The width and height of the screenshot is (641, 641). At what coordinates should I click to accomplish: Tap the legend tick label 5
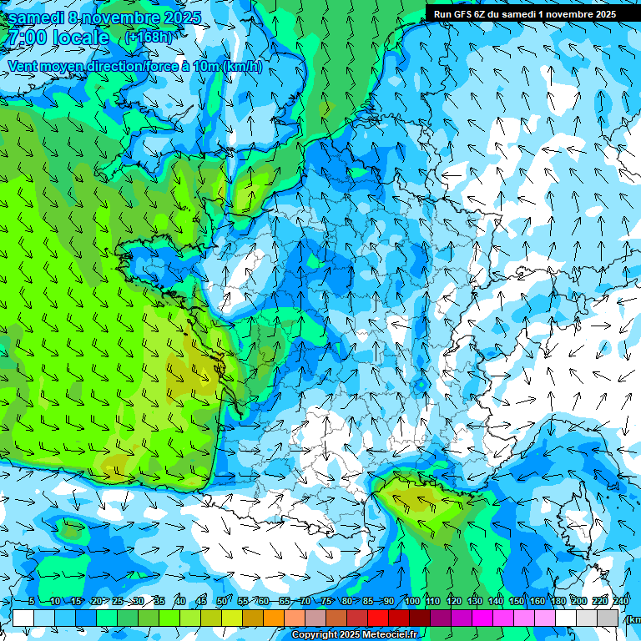tap(32, 601)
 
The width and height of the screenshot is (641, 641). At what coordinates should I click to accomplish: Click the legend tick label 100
tap(411, 601)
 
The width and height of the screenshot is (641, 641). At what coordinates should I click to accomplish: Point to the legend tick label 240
tap(620, 601)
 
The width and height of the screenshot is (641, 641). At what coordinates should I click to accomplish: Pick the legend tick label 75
tap(326, 601)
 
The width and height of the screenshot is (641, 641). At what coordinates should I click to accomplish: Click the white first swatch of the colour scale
tap(23, 618)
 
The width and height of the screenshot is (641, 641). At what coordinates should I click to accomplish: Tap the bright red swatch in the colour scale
tap(378, 618)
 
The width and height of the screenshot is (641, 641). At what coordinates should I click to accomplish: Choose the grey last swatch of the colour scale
tap(608, 618)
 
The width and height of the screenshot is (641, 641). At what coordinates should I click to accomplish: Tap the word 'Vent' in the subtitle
tap(23, 66)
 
